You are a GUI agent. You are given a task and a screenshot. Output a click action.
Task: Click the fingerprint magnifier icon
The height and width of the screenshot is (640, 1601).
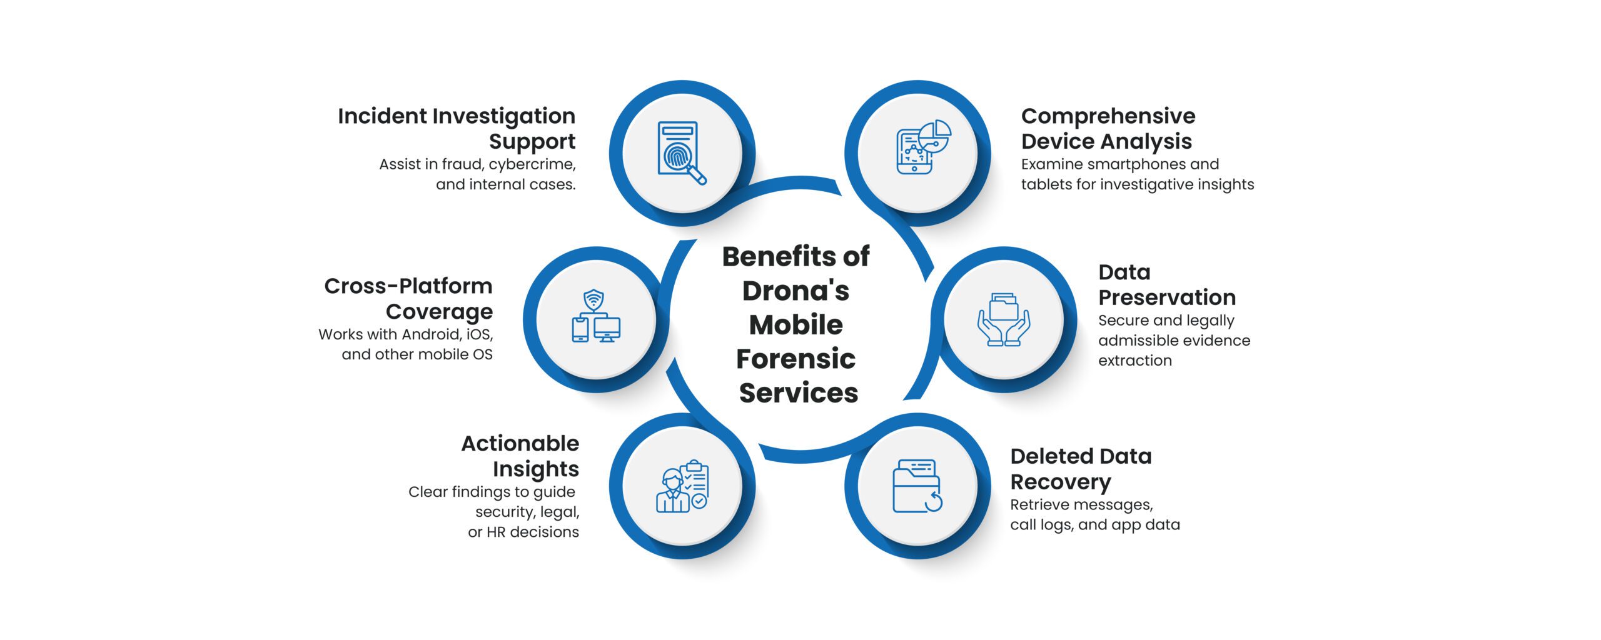[x=682, y=153]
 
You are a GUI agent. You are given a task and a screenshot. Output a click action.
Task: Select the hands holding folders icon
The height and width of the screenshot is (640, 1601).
[x=1004, y=319]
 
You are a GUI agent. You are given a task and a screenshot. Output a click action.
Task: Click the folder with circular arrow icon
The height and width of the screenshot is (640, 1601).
[x=917, y=486]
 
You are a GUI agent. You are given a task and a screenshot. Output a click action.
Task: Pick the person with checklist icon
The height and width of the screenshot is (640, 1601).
[x=682, y=486]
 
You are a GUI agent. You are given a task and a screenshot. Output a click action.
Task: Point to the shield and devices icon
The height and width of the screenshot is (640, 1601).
[x=596, y=316]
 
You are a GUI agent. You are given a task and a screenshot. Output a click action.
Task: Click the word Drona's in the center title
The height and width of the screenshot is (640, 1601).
[x=795, y=291]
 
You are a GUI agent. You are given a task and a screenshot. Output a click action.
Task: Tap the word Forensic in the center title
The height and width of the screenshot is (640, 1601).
[x=795, y=359]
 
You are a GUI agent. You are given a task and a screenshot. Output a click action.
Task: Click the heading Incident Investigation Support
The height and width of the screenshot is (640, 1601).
[x=457, y=129]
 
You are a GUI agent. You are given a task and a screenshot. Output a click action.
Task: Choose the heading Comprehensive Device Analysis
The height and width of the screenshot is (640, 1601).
[x=1108, y=129]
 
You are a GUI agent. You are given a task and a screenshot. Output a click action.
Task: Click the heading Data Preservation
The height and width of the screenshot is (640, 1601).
[x=1167, y=284]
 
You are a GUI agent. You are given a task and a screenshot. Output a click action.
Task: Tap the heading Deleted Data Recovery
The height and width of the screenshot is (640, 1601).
[x=1081, y=469]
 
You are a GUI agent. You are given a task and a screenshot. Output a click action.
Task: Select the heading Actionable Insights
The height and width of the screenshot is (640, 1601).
[x=520, y=456]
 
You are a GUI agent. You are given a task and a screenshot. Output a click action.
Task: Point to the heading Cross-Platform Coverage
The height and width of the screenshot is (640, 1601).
[x=408, y=298]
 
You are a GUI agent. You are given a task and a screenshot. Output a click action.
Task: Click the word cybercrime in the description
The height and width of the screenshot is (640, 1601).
[x=532, y=164]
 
